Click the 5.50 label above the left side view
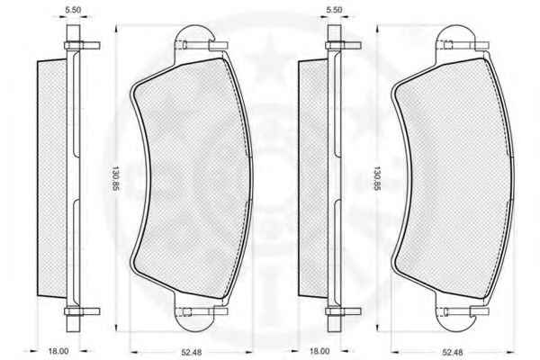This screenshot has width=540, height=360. point(73,10)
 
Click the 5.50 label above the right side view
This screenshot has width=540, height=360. point(334,10)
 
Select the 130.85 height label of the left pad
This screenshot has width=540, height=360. point(114,179)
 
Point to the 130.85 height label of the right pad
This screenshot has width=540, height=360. point(377,179)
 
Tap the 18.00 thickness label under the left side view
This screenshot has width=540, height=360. point(58,351)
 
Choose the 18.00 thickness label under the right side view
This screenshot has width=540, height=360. point(319,351)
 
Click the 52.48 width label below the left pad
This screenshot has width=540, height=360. point(192,352)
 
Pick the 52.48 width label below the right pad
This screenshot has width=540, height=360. point(453,352)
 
